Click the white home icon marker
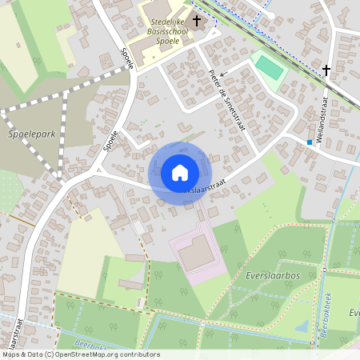(179, 173)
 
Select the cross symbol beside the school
(196, 19)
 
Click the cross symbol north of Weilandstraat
(326, 70)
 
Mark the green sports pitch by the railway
(270, 68)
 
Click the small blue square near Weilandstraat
(309, 142)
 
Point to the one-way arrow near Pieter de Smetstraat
(223, 73)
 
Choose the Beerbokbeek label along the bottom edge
(94, 345)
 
